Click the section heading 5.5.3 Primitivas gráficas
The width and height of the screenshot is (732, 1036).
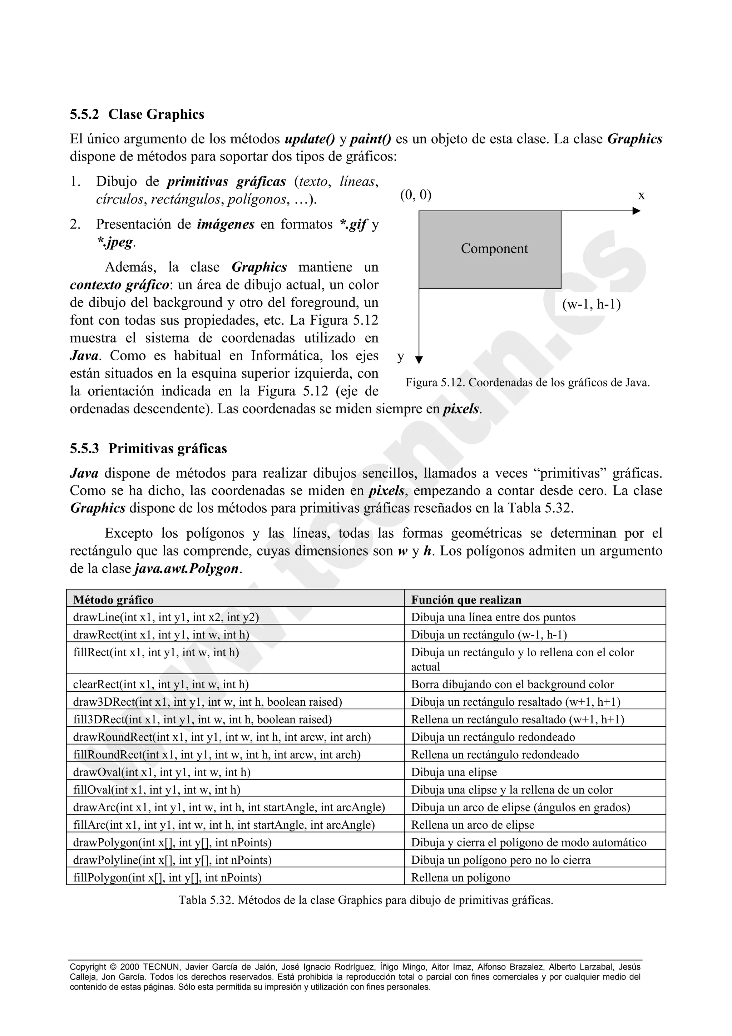pyautogui.click(x=148, y=449)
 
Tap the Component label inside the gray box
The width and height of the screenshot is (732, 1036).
pyautogui.click(x=494, y=248)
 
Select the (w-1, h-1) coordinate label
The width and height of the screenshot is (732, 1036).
pyautogui.click(x=591, y=305)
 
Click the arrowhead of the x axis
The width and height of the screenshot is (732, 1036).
pyautogui.click(x=636, y=211)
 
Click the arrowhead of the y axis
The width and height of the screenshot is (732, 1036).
pyautogui.click(x=419, y=360)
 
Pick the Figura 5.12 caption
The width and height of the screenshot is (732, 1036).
pyautogui.click(x=527, y=383)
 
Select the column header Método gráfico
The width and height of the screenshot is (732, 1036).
pyautogui.click(x=113, y=600)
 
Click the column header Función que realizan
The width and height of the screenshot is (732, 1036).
pyautogui.click(x=466, y=600)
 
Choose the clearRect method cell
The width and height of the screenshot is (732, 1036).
pyautogui.click(x=160, y=685)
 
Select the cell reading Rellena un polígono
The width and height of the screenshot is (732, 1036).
pyautogui.click(x=460, y=878)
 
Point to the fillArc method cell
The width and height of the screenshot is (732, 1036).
pyautogui.click(x=224, y=825)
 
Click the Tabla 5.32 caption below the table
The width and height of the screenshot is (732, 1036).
pyautogui.click(x=366, y=900)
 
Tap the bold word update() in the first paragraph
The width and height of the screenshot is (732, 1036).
pyautogui.click(x=310, y=139)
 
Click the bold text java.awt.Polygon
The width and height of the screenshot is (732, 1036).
pyautogui.click(x=186, y=568)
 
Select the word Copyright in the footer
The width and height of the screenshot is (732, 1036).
pyautogui.click(x=88, y=967)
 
